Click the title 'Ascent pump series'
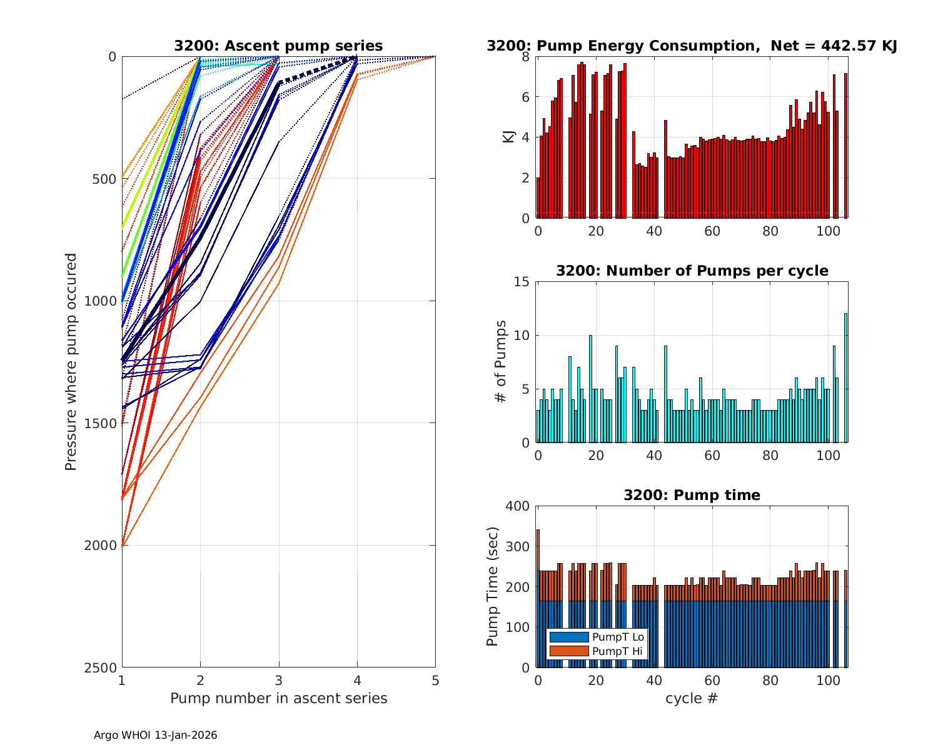point(278,46)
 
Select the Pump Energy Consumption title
point(692,46)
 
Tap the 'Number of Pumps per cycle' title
point(692,271)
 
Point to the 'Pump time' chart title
point(692,495)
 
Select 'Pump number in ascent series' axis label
point(278,698)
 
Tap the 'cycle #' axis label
point(692,698)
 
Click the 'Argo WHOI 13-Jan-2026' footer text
point(155,735)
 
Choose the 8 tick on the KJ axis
point(526,57)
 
